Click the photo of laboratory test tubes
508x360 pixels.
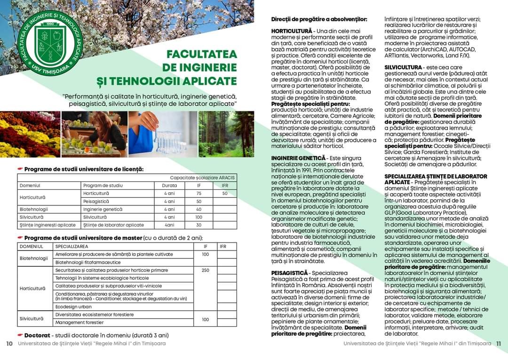click(163, 133)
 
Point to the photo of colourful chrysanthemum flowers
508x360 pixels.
click(30, 133)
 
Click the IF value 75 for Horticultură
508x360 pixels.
click(199, 193)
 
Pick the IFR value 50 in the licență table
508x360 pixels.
click(225, 193)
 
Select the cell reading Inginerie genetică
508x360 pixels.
click(103, 209)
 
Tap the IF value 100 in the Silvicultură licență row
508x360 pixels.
click(199, 217)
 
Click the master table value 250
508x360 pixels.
click(206, 270)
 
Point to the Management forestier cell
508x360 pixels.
click(79, 322)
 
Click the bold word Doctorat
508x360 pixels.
click(38, 335)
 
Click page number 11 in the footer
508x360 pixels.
click(499, 344)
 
